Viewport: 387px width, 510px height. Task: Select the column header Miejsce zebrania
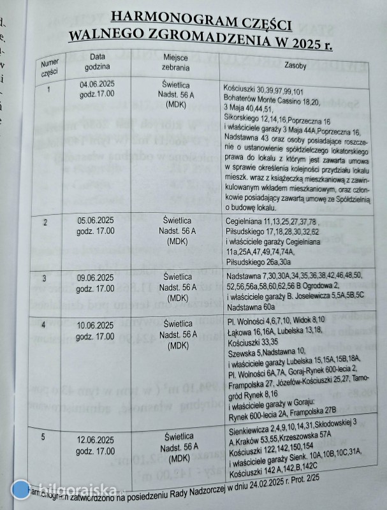click(x=175, y=61)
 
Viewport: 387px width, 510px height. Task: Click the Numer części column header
click(x=49, y=68)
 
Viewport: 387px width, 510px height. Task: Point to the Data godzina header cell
click(x=96, y=61)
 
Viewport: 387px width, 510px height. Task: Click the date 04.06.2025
click(x=98, y=84)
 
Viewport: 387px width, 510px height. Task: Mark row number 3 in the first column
click(x=44, y=279)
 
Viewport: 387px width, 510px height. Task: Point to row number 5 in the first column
click(x=44, y=437)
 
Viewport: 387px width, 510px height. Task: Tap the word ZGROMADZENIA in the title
click(x=214, y=38)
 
